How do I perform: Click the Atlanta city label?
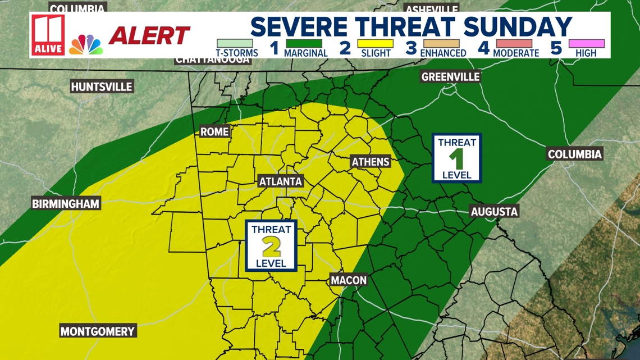pos(281,181)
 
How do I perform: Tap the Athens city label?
pos(370,162)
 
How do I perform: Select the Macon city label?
pos(349,280)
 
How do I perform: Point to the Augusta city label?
pos(494,211)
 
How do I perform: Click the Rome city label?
pos(214,132)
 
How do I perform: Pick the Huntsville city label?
pos(102,86)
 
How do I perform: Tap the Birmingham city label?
pos(66,203)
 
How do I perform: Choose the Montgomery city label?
pos(98,331)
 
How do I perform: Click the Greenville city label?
pos(450,76)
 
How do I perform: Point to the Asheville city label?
pos(431,9)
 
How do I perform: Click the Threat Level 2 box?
pos(271,246)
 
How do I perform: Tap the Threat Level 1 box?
pos(456,158)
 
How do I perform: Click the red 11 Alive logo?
pos(48,35)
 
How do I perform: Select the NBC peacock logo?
pos(86,45)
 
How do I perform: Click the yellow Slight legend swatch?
pos(376,43)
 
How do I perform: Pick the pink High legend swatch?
pos(586,43)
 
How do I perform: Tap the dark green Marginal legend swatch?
pos(305,43)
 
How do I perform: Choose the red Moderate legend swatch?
pos(514,43)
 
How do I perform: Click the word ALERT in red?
pos(149,36)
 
